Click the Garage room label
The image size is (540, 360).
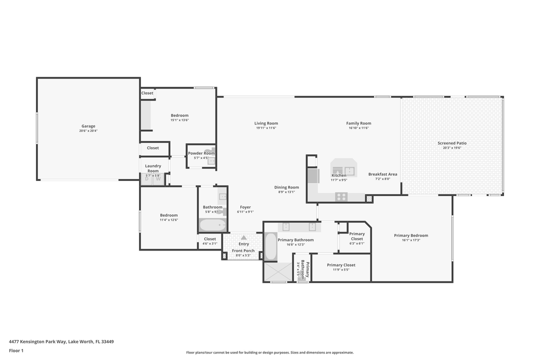click(x=88, y=126)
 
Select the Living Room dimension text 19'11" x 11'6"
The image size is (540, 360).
click(x=266, y=128)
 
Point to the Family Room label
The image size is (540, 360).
click(x=358, y=123)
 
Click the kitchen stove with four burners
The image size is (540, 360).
click(x=341, y=196)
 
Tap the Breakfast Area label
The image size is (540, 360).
click(x=382, y=174)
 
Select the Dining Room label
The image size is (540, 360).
click(x=286, y=187)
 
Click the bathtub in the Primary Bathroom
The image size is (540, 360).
click(x=270, y=246)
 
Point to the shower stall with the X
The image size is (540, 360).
click(x=278, y=271)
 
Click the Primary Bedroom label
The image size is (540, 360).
click(x=411, y=235)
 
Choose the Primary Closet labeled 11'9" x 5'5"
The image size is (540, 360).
click(x=341, y=265)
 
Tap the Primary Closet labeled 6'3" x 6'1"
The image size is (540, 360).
click(x=356, y=236)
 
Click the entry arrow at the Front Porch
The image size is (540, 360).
click(x=243, y=237)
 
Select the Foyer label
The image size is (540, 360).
click(x=245, y=207)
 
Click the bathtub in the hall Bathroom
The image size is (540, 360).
click(x=213, y=225)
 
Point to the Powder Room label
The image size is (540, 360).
click(x=201, y=153)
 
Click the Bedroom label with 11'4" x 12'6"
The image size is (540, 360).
click(x=168, y=215)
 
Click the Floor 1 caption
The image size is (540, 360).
click(x=16, y=350)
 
